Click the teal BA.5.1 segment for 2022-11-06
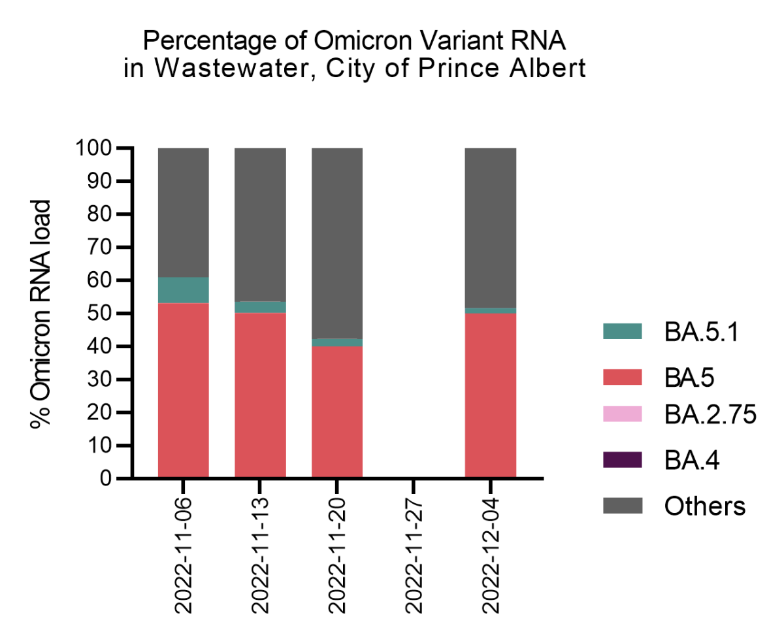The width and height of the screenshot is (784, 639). [184, 290]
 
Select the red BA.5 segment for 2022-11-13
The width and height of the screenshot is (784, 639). [260, 395]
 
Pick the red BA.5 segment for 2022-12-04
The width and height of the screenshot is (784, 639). [491, 395]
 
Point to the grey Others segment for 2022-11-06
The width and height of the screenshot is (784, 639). [184, 212]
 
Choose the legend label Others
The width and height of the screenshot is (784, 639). [704, 506]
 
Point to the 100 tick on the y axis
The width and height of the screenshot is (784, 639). [91, 148]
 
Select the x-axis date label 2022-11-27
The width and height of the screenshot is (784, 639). [414, 557]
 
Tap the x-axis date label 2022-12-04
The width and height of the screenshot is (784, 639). [491, 557]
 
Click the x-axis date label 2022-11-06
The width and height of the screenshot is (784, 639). [184, 557]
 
